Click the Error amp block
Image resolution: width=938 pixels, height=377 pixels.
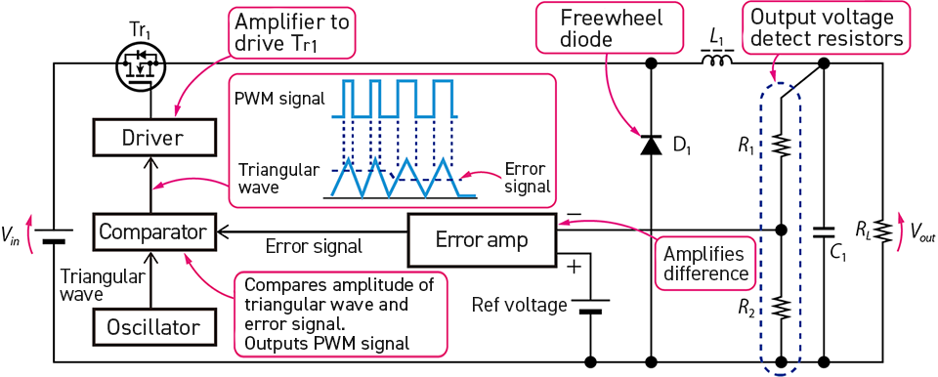coord(481,239)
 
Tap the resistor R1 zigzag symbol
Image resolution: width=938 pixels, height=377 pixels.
coord(781,146)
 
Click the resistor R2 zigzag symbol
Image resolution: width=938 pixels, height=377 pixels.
coord(781,309)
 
